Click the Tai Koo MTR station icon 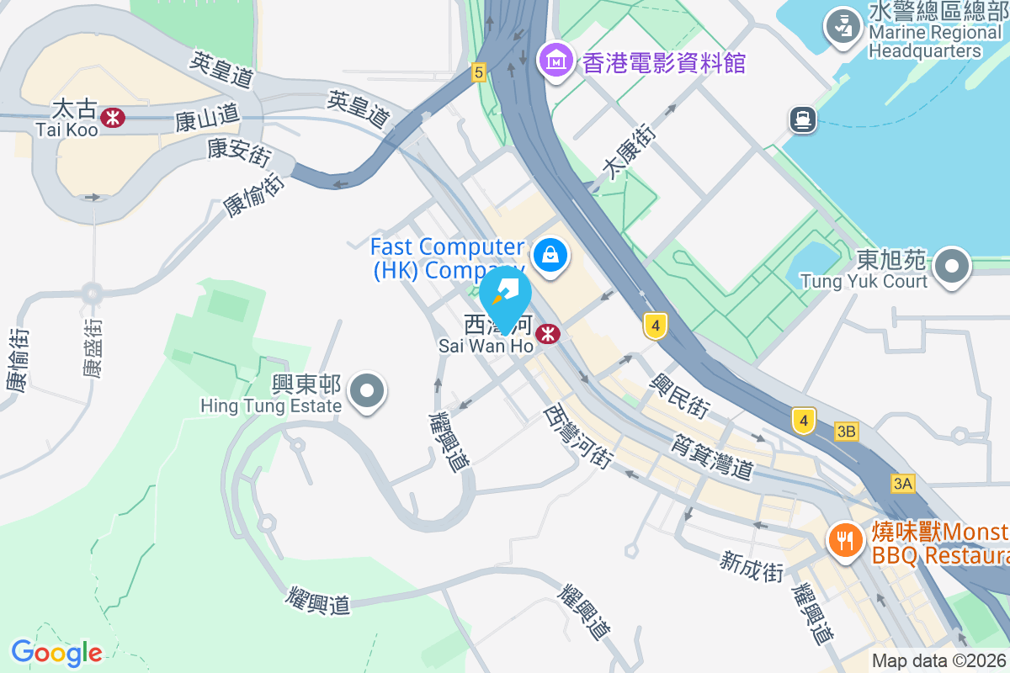point(113,117)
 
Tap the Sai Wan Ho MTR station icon point(548,334)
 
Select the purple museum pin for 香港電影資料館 point(557,61)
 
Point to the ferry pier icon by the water point(804,119)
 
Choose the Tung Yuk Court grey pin point(952,267)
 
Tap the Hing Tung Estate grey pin point(367,391)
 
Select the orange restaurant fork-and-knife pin point(844,538)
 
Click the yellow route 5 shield point(479,72)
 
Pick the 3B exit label point(847,432)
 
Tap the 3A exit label point(903,484)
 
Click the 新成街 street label point(752,566)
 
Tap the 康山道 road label point(207,120)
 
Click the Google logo point(56,653)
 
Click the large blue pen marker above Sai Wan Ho point(505,295)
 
